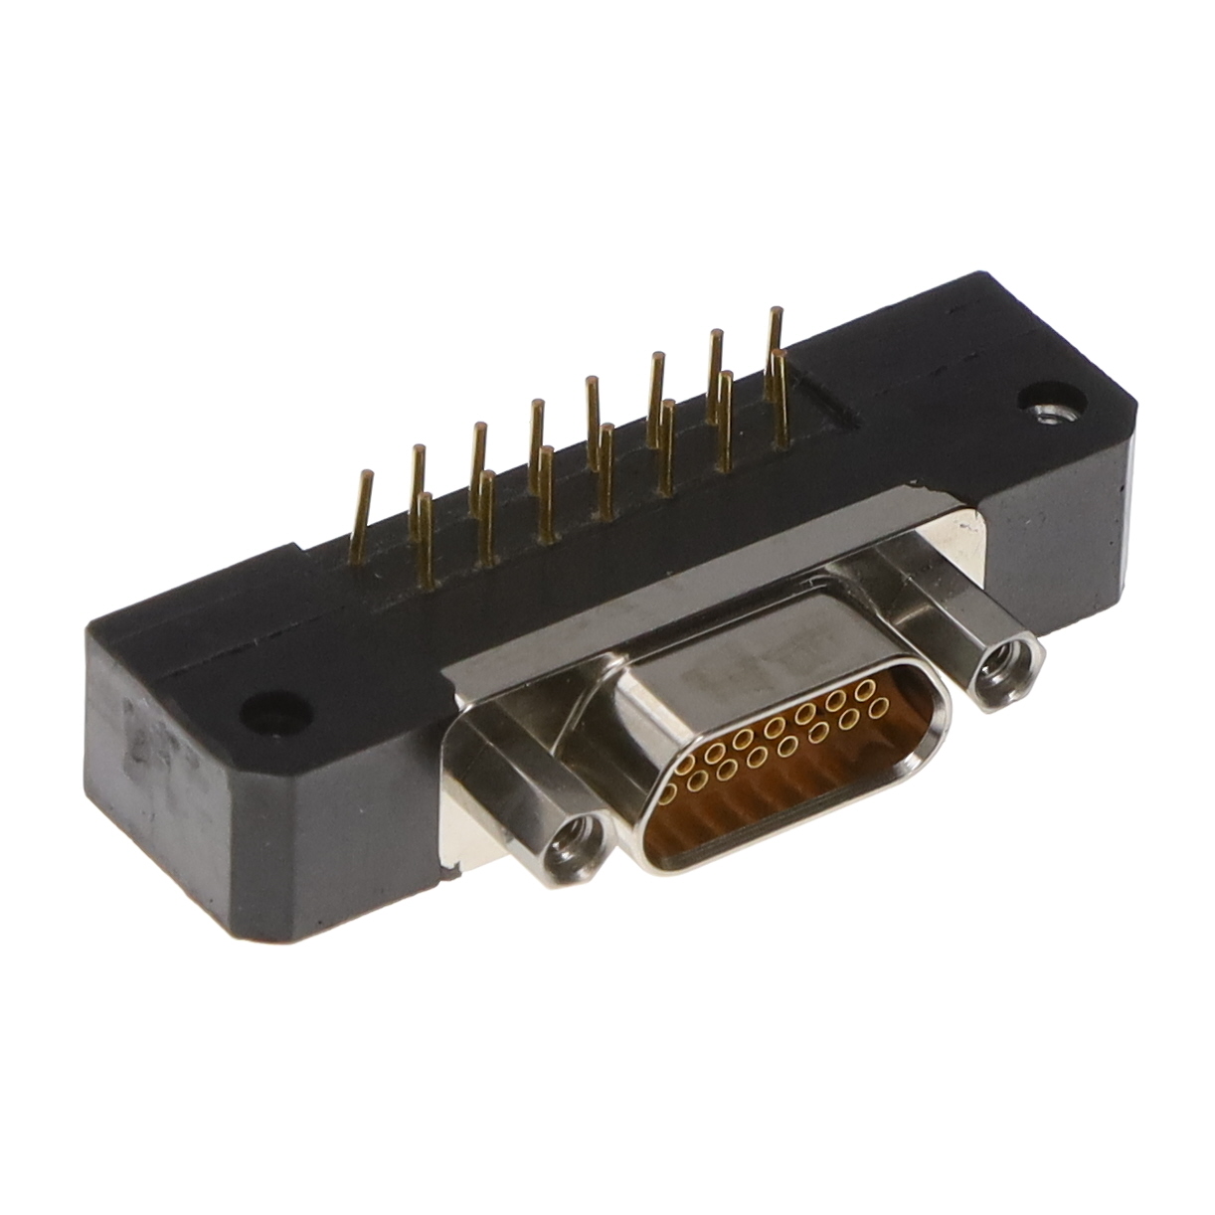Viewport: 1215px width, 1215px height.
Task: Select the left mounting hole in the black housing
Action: [x=269, y=711]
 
